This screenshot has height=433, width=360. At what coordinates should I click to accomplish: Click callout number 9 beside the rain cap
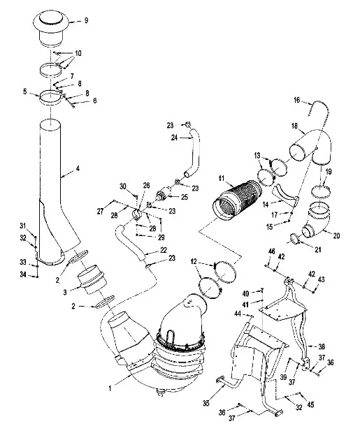coord(86,20)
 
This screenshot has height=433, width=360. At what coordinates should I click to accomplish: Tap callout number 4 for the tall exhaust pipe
coord(78,168)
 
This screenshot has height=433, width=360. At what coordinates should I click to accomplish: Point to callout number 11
coord(222,179)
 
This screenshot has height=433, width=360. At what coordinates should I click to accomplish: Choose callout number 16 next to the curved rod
coord(296,100)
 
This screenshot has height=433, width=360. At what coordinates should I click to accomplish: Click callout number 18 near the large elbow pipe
coord(294,126)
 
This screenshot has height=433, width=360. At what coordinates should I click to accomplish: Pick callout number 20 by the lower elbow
coord(336,236)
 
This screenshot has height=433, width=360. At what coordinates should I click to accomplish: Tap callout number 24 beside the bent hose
coord(174,138)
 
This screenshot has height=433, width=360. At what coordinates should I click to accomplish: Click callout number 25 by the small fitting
coord(185,197)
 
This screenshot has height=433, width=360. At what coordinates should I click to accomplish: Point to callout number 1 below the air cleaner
coord(110,388)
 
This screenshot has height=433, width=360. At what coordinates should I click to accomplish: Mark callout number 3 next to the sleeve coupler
coord(65,292)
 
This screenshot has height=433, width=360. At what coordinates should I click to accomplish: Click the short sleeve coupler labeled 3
coord(92,279)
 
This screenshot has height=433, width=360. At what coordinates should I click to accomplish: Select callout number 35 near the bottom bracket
coord(206,404)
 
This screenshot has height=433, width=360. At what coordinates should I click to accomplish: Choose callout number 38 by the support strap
coord(322,346)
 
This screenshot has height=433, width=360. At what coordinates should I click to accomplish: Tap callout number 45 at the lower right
coord(311,404)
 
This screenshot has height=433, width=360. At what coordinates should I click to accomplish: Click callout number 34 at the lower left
coord(23,274)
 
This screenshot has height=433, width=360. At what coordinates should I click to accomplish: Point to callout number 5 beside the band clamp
coord(25,91)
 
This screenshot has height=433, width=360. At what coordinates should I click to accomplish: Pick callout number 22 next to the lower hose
coord(164,249)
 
